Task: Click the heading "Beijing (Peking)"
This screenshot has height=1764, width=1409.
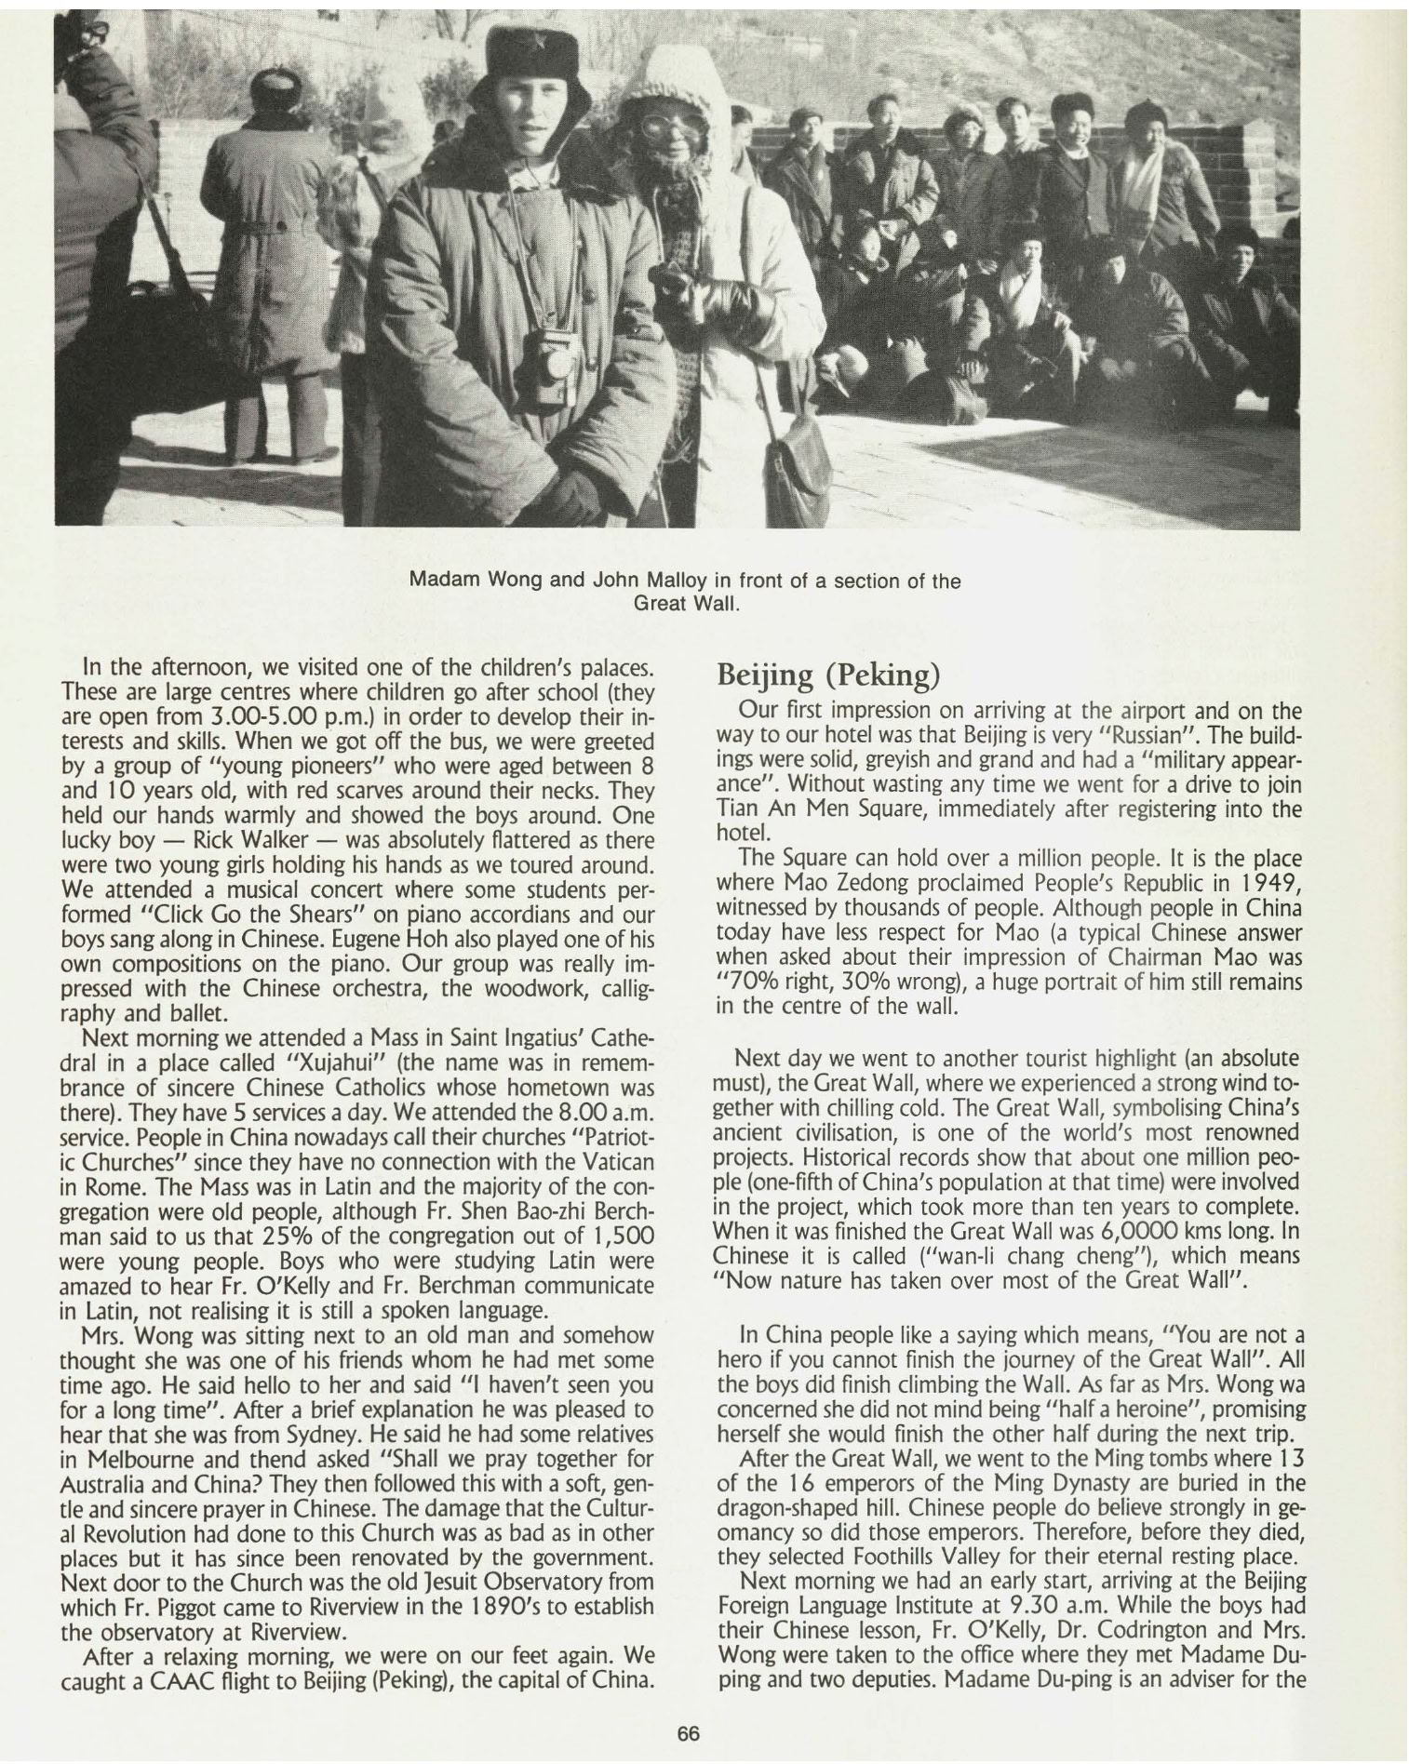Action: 825,675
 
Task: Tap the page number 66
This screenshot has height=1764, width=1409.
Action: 688,1733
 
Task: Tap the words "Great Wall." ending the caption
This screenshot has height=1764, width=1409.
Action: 687,603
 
